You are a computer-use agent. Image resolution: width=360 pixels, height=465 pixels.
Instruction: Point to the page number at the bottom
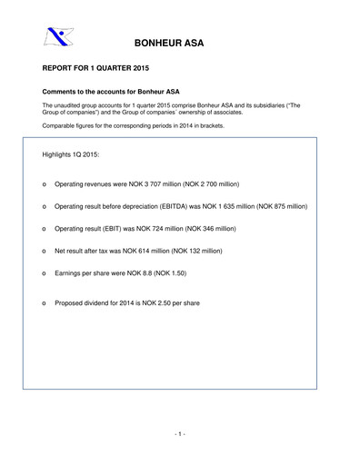point(180,434)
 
